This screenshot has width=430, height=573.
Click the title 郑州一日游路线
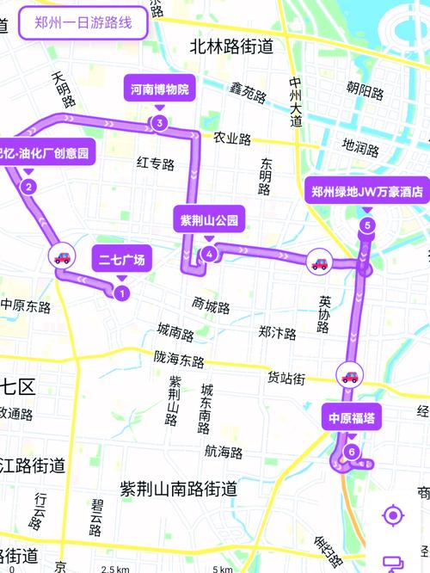click(83, 23)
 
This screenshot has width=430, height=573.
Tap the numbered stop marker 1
click(121, 293)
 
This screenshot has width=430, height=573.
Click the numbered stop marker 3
click(159, 123)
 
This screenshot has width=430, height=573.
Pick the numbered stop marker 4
click(210, 253)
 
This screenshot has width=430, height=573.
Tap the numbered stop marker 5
click(367, 226)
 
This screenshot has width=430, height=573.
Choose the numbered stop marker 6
click(350, 452)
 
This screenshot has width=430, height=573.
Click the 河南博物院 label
click(159, 88)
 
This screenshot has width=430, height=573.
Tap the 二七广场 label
click(121, 258)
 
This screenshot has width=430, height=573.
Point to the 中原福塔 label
click(349, 418)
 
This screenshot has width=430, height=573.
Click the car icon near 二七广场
click(62, 256)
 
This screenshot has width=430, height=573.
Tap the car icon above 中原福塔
click(350, 375)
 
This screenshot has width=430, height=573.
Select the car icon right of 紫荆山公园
click(319, 262)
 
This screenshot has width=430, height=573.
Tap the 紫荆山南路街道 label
click(178, 488)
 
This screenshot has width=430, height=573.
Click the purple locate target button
click(393, 516)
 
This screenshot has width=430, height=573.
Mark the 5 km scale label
click(223, 569)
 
